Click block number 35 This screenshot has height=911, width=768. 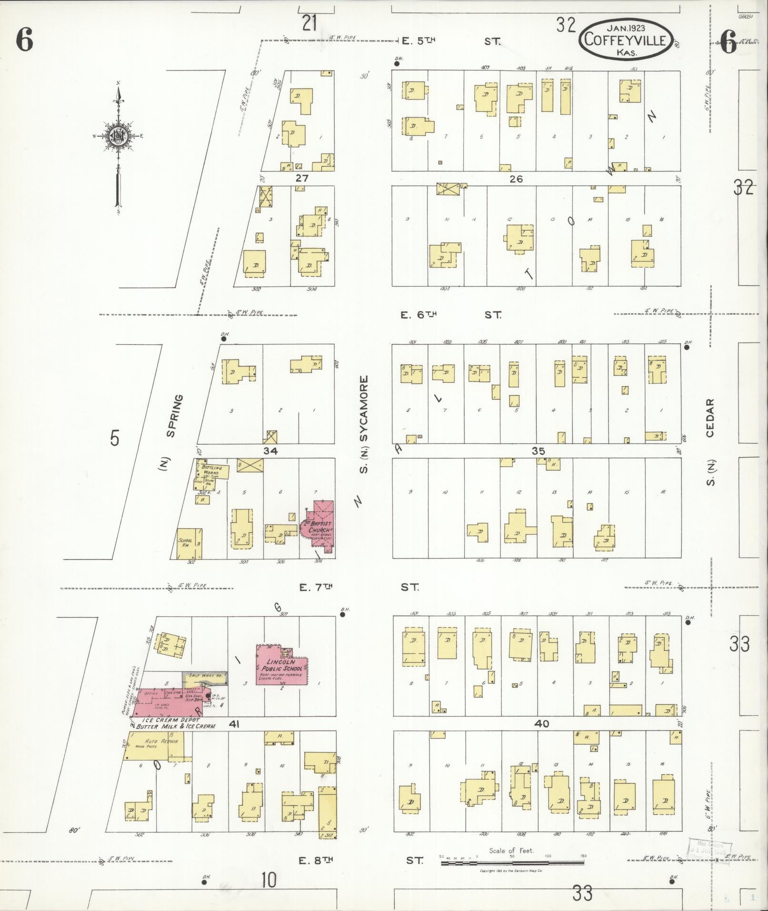click(x=538, y=451)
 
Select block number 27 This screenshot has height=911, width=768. click(x=302, y=179)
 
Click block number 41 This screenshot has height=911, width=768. click(x=233, y=738)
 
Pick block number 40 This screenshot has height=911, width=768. click(x=541, y=737)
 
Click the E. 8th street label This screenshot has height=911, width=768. click(x=315, y=860)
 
